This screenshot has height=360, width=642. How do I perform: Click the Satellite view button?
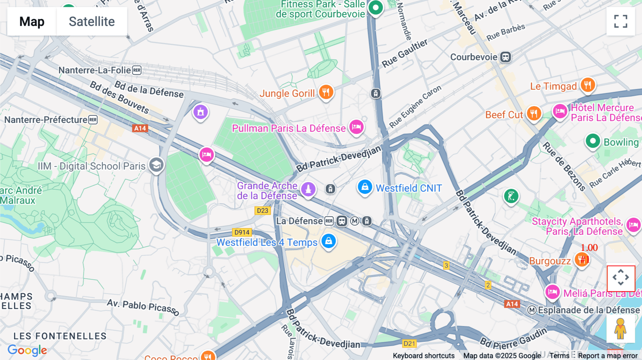pyautogui.click(x=92, y=21)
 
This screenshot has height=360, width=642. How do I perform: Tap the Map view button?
pyautogui.click(x=32, y=21)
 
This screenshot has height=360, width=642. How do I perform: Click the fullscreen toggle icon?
pyautogui.click(x=621, y=21)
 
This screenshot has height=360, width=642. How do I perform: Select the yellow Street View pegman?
pyautogui.click(x=621, y=329)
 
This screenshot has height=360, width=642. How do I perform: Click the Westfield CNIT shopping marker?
pyautogui.click(x=365, y=187)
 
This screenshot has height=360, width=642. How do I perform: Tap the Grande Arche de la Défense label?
pyautogui.click(x=267, y=191)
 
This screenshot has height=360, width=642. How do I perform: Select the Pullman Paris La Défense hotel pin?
pyautogui.click(x=356, y=127)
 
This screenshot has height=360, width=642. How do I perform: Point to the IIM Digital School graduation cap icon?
pyautogui.click(x=156, y=165)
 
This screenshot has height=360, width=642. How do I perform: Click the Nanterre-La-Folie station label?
pyautogui.click(x=95, y=70)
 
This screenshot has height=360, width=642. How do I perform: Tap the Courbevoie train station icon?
pyautogui.click(x=505, y=57)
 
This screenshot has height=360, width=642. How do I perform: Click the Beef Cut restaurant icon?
pyautogui.click(x=534, y=114)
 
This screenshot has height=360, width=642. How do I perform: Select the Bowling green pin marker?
pyautogui.click(x=593, y=141)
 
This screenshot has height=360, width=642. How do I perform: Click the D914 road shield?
pyautogui.click(x=242, y=232)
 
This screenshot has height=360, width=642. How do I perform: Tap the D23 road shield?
pyautogui.click(x=263, y=211)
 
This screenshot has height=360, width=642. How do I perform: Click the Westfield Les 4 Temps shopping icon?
pyautogui.click(x=328, y=241)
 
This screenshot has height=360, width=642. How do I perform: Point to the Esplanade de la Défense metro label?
pyautogui.click(x=588, y=310)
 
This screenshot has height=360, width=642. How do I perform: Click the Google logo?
pyautogui.click(x=27, y=350)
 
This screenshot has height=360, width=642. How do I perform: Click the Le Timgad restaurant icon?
pyautogui.click(x=587, y=85)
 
